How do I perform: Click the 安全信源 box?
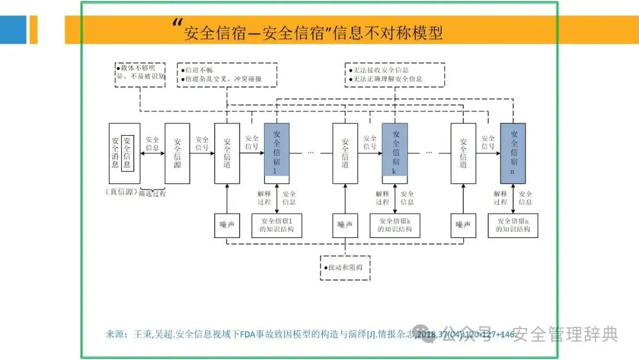(177, 153)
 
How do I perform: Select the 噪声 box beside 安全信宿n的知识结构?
(463, 225)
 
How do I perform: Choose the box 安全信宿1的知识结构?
(277, 225)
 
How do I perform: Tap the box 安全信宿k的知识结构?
(395, 225)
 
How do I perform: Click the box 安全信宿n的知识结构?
(512, 225)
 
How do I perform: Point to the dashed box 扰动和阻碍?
(345, 268)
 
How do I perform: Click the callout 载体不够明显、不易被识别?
(140, 73)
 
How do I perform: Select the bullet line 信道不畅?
(198, 69)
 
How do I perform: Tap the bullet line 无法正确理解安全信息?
(388, 79)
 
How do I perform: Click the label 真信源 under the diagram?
(121, 192)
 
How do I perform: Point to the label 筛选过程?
(152, 194)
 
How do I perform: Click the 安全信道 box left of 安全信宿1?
(227, 153)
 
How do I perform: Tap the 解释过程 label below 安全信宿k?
(382, 197)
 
